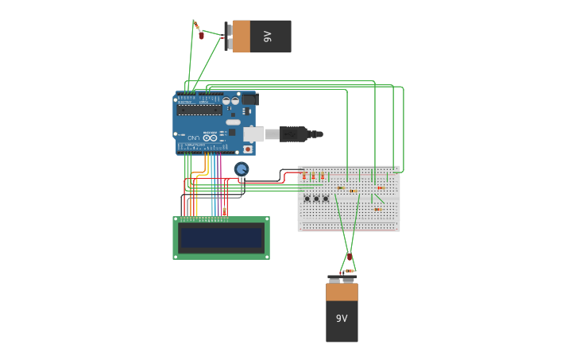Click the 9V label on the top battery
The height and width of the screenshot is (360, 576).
[267, 37]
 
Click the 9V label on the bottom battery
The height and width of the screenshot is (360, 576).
[342, 319]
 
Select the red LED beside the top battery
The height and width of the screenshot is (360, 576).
[202, 35]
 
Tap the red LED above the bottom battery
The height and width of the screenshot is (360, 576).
[349, 257]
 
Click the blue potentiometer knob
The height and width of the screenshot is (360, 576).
[242, 168]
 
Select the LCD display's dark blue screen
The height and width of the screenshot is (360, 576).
[221, 238]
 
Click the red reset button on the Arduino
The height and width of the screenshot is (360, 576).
[248, 149]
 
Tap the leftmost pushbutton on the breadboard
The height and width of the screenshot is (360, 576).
[307, 198]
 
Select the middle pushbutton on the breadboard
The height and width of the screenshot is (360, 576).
[316, 198]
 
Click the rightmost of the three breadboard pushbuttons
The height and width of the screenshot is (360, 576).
[326, 198]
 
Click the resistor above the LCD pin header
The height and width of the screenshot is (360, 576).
[225, 211]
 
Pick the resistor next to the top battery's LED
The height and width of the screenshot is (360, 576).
[197, 25]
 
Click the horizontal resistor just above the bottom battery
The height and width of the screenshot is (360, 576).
[349, 271]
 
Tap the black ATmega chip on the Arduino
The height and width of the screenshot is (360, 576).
[199, 110]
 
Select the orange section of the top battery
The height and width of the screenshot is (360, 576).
[242, 37]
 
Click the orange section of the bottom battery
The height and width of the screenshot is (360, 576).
[342, 292]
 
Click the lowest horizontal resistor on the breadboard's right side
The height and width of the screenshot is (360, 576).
[378, 209]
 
